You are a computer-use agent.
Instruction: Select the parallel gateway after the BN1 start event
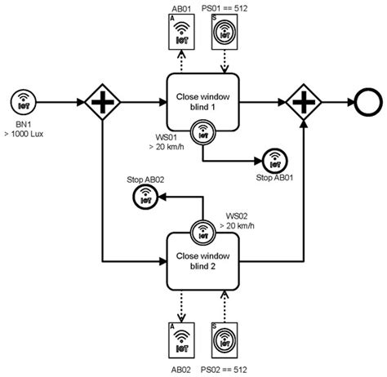[x=104, y=103]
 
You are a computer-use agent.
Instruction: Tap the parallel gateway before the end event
[x=303, y=103]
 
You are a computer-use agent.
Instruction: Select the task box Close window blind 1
[x=200, y=103]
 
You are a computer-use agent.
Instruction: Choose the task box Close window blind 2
[x=200, y=259]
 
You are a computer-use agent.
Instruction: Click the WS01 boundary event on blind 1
[x=200, y=131]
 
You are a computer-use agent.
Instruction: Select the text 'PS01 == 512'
[x=231, y=7]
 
